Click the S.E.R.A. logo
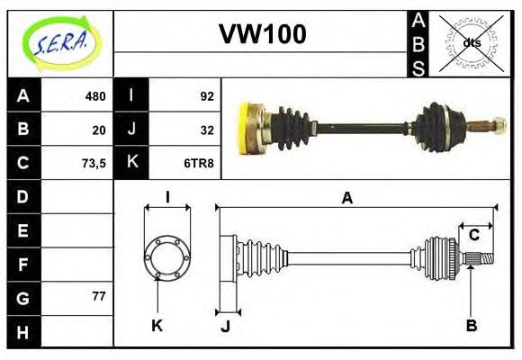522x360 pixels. [59, 42]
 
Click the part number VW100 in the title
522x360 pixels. [263, 35]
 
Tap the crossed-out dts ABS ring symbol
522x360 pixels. [471, 42]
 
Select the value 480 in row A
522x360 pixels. [95, 96]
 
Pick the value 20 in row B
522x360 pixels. [99, 130]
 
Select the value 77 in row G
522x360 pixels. [99, 296]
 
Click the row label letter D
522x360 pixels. [23, 196]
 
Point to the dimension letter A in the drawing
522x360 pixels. [346, 198]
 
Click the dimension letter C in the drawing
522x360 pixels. [473, 236]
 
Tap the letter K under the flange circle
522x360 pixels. [157, 326]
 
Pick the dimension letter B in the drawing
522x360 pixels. [471, 326]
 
